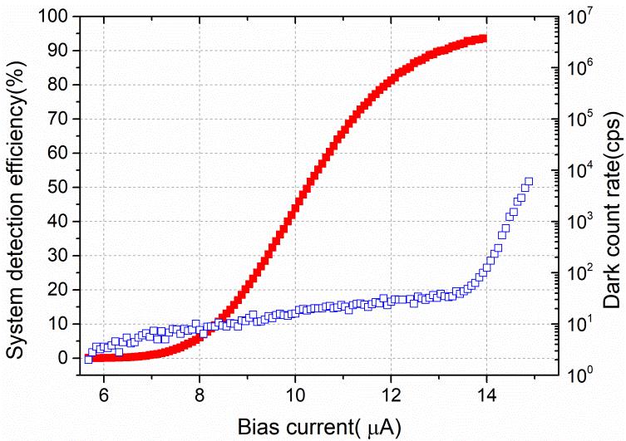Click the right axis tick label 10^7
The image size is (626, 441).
(580, 15)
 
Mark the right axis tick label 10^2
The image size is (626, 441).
(580, 272)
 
